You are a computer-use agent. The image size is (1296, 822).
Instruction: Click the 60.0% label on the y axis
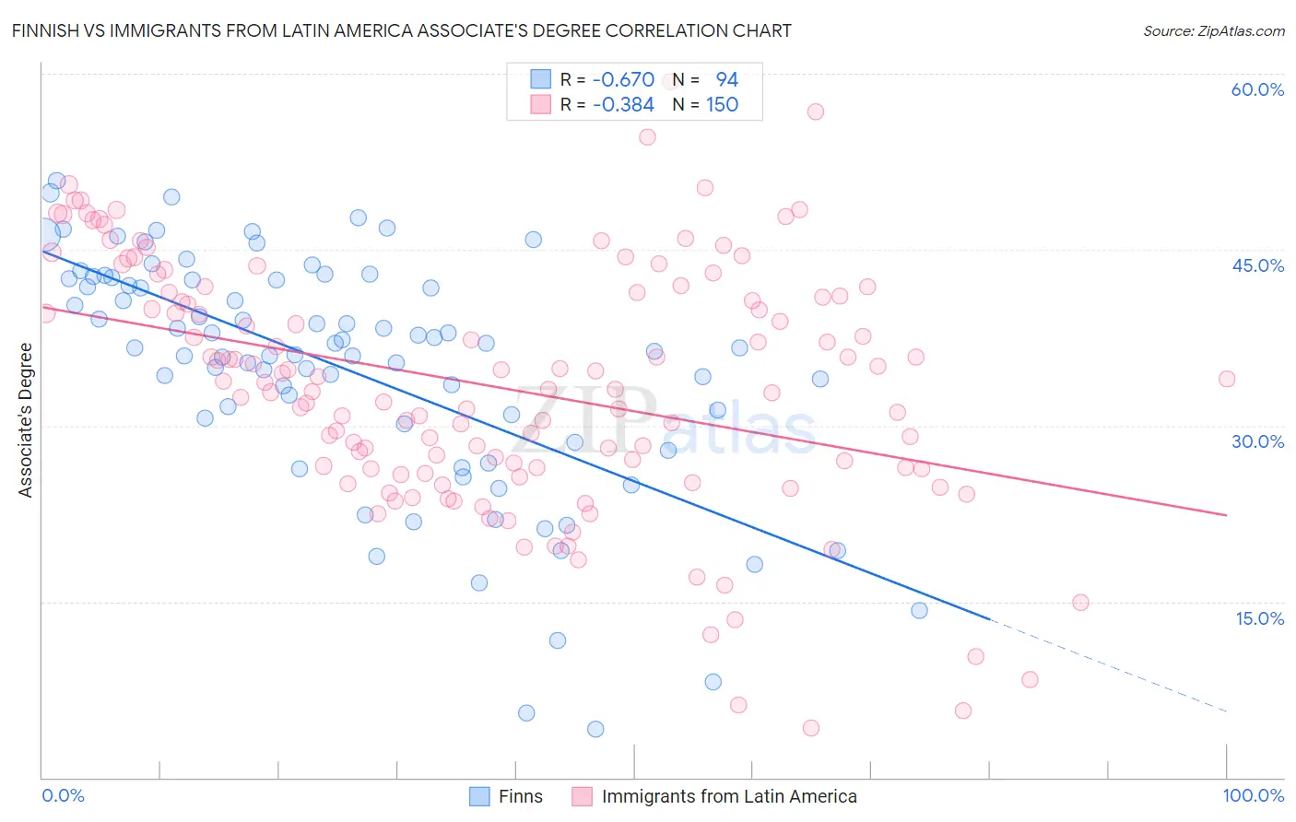coord(1257,89)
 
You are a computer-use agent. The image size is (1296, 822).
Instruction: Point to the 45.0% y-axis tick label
coord(1257,265)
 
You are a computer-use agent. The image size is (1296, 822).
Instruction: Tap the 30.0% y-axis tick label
coord(1257,441)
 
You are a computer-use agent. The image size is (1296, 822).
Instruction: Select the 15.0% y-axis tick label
coord(1259,618)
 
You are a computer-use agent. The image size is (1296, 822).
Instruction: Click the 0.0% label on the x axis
coord(63,795)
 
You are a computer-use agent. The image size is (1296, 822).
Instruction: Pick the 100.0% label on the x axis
coord(1254,795)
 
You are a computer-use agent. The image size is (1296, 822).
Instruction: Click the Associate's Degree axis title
coord(26,420)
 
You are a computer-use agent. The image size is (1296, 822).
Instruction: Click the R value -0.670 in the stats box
coord(623,80)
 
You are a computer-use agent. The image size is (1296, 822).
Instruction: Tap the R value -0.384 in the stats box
coord(623,105)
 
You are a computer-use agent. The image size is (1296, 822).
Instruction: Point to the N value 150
coord(722,105)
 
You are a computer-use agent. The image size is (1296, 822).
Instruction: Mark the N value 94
coord(726,80)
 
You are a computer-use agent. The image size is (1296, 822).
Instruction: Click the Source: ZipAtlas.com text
coord(1213,31)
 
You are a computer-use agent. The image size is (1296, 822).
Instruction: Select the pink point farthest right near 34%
coord(1226,379)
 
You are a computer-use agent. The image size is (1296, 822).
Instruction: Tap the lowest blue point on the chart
coord(595,729)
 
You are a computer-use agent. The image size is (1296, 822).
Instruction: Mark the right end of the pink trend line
coord(1226,515)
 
